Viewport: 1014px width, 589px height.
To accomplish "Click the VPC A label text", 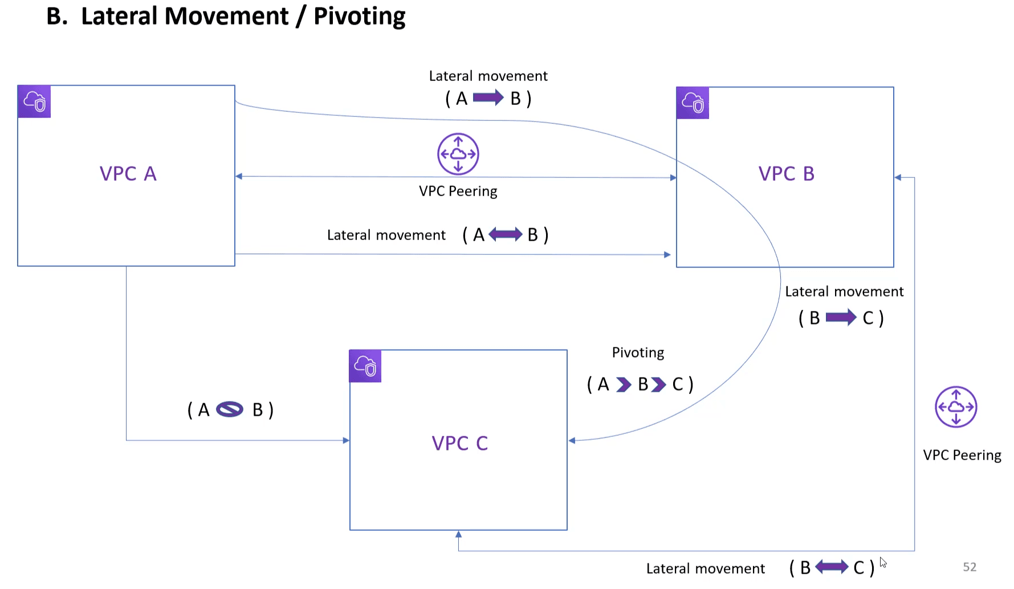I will click(x=128, y=174).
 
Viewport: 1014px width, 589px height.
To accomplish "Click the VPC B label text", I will click(x=786, y=174).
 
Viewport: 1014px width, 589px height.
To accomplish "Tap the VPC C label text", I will click(x=459, y=443).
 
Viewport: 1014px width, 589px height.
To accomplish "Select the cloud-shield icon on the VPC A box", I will click(x=34, y=101).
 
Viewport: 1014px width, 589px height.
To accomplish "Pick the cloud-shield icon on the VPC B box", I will click(x=693, y=103).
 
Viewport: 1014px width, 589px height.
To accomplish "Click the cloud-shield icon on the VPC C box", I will click(x=365, y=366).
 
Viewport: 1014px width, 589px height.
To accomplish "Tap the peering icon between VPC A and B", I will click(x=458, y=154).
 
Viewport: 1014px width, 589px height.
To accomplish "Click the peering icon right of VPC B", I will click(x=956, y=407).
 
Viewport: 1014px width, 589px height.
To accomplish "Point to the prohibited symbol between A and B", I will click(x=230, y=409).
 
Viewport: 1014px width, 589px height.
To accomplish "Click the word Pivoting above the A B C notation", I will click(x=638, y=352).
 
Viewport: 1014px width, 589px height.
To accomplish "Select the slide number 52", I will click(x=970, y=567).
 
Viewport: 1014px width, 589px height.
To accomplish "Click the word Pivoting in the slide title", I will click(x=359, y=17).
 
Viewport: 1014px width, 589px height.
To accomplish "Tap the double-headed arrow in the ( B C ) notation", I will click(x=832, y=567).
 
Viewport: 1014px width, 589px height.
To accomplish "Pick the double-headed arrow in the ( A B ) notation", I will click(x=505, y=234).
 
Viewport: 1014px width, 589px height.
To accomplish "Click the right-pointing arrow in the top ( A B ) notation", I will click(x=488, y=98).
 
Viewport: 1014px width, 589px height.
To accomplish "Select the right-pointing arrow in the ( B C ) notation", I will click(x=841, y=317).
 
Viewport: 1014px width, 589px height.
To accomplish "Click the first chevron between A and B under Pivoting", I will click(x=624, y=385).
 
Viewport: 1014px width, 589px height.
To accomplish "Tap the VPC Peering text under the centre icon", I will click(x=458, y=191).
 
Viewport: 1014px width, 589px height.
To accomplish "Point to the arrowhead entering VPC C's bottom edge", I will click(x=458, y=534).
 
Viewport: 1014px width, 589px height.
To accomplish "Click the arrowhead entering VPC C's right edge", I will click(x=572, y=440).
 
